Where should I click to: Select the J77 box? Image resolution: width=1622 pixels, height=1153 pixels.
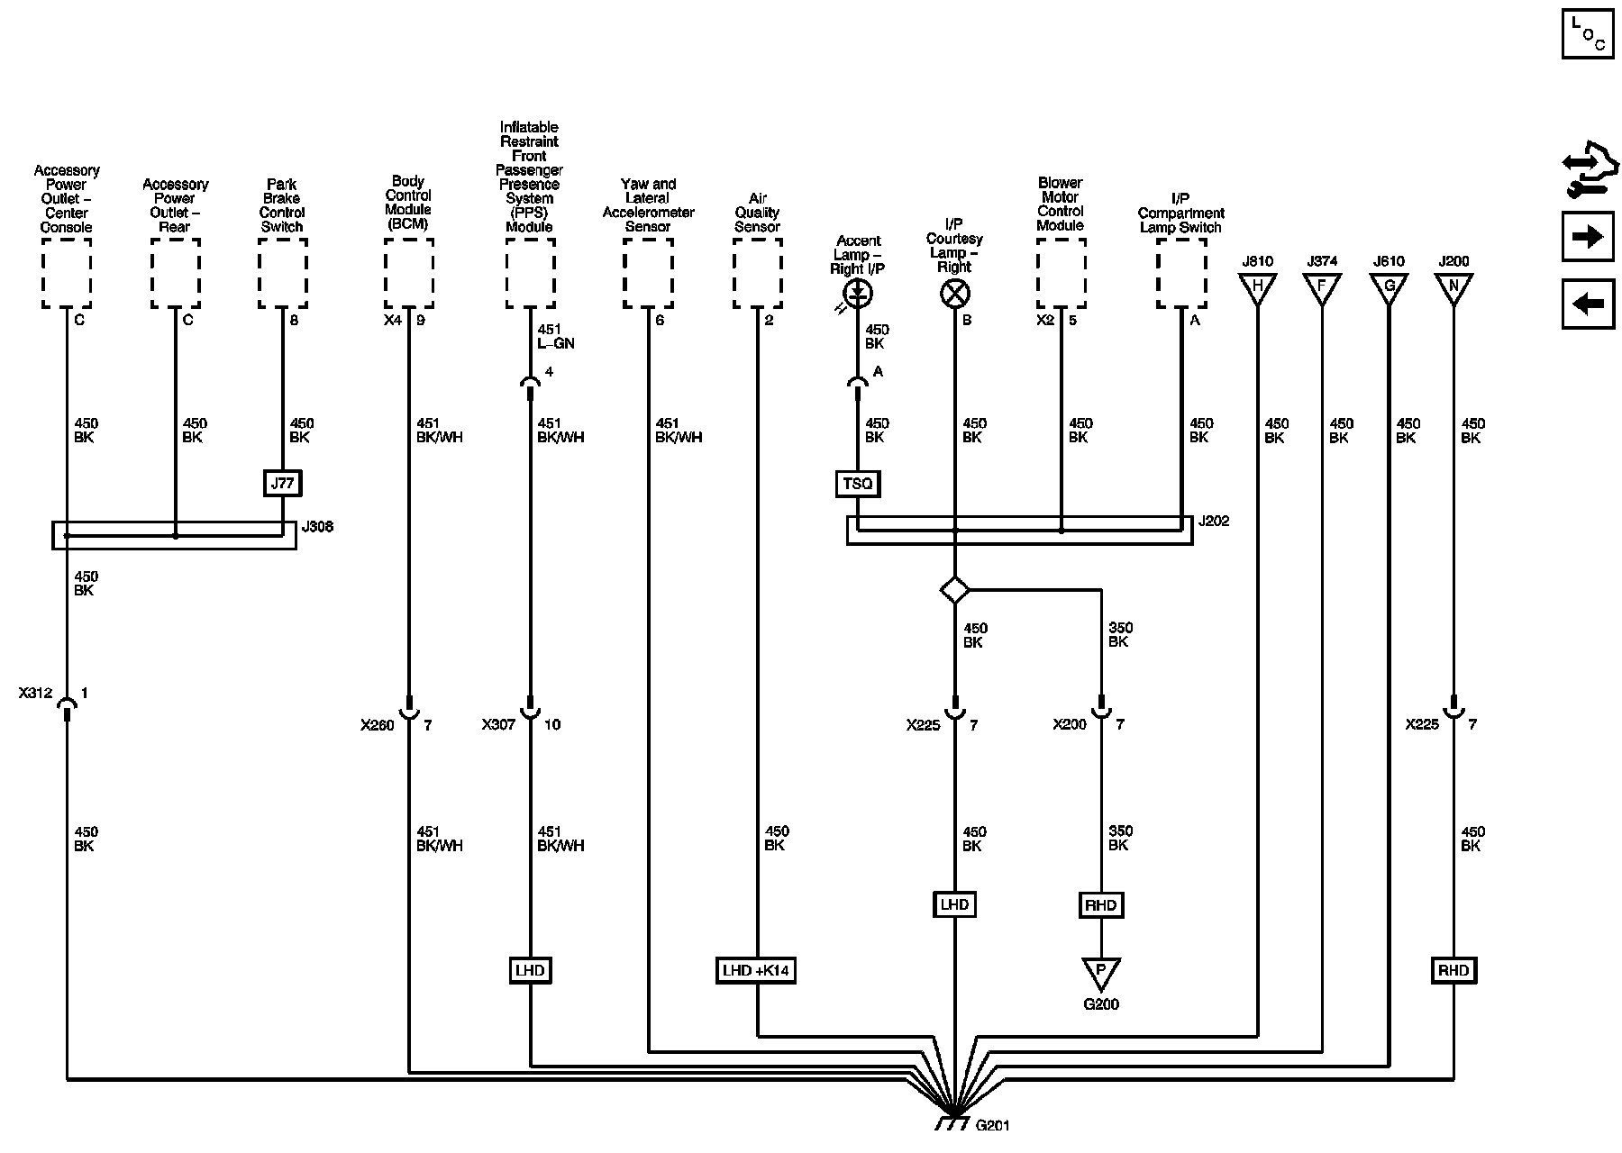tap(282, 484)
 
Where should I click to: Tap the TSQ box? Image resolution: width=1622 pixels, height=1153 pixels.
tap(857, 485)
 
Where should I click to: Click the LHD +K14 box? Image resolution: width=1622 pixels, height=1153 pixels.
tap(756, 970)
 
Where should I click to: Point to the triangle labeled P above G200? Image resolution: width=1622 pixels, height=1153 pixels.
tap(1100, 972)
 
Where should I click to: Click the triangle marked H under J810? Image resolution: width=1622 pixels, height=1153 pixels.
tap(1257, 288)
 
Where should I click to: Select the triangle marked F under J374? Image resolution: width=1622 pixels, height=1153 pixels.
tap(1322, 288)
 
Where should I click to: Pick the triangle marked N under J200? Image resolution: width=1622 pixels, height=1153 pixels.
tap(1453, 288)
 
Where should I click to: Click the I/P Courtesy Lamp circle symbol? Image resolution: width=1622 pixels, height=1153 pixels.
tap(954, 293)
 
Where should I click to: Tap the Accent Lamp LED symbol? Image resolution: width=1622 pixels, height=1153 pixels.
tap(858, 293)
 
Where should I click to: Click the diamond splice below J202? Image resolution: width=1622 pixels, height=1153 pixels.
tap(954, 591)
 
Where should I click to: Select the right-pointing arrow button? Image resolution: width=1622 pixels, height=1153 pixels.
tap(1587, 237)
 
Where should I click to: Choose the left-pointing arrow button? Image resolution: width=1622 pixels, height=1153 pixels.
tap(1587, 304)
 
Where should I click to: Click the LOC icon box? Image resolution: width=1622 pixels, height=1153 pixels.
tap(1587, 34)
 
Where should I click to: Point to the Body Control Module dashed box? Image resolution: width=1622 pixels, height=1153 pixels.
tap(408, 274)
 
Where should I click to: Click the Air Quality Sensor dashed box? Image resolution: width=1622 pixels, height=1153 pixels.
tap(757, 274)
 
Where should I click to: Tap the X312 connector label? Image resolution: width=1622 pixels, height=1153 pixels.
tap(35, 695)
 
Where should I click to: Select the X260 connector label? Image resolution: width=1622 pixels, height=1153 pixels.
tap(378, 725)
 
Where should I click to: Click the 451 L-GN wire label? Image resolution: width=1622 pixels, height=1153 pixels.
tap(555, 336)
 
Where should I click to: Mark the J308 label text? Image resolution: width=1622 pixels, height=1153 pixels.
tap(317, 526)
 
